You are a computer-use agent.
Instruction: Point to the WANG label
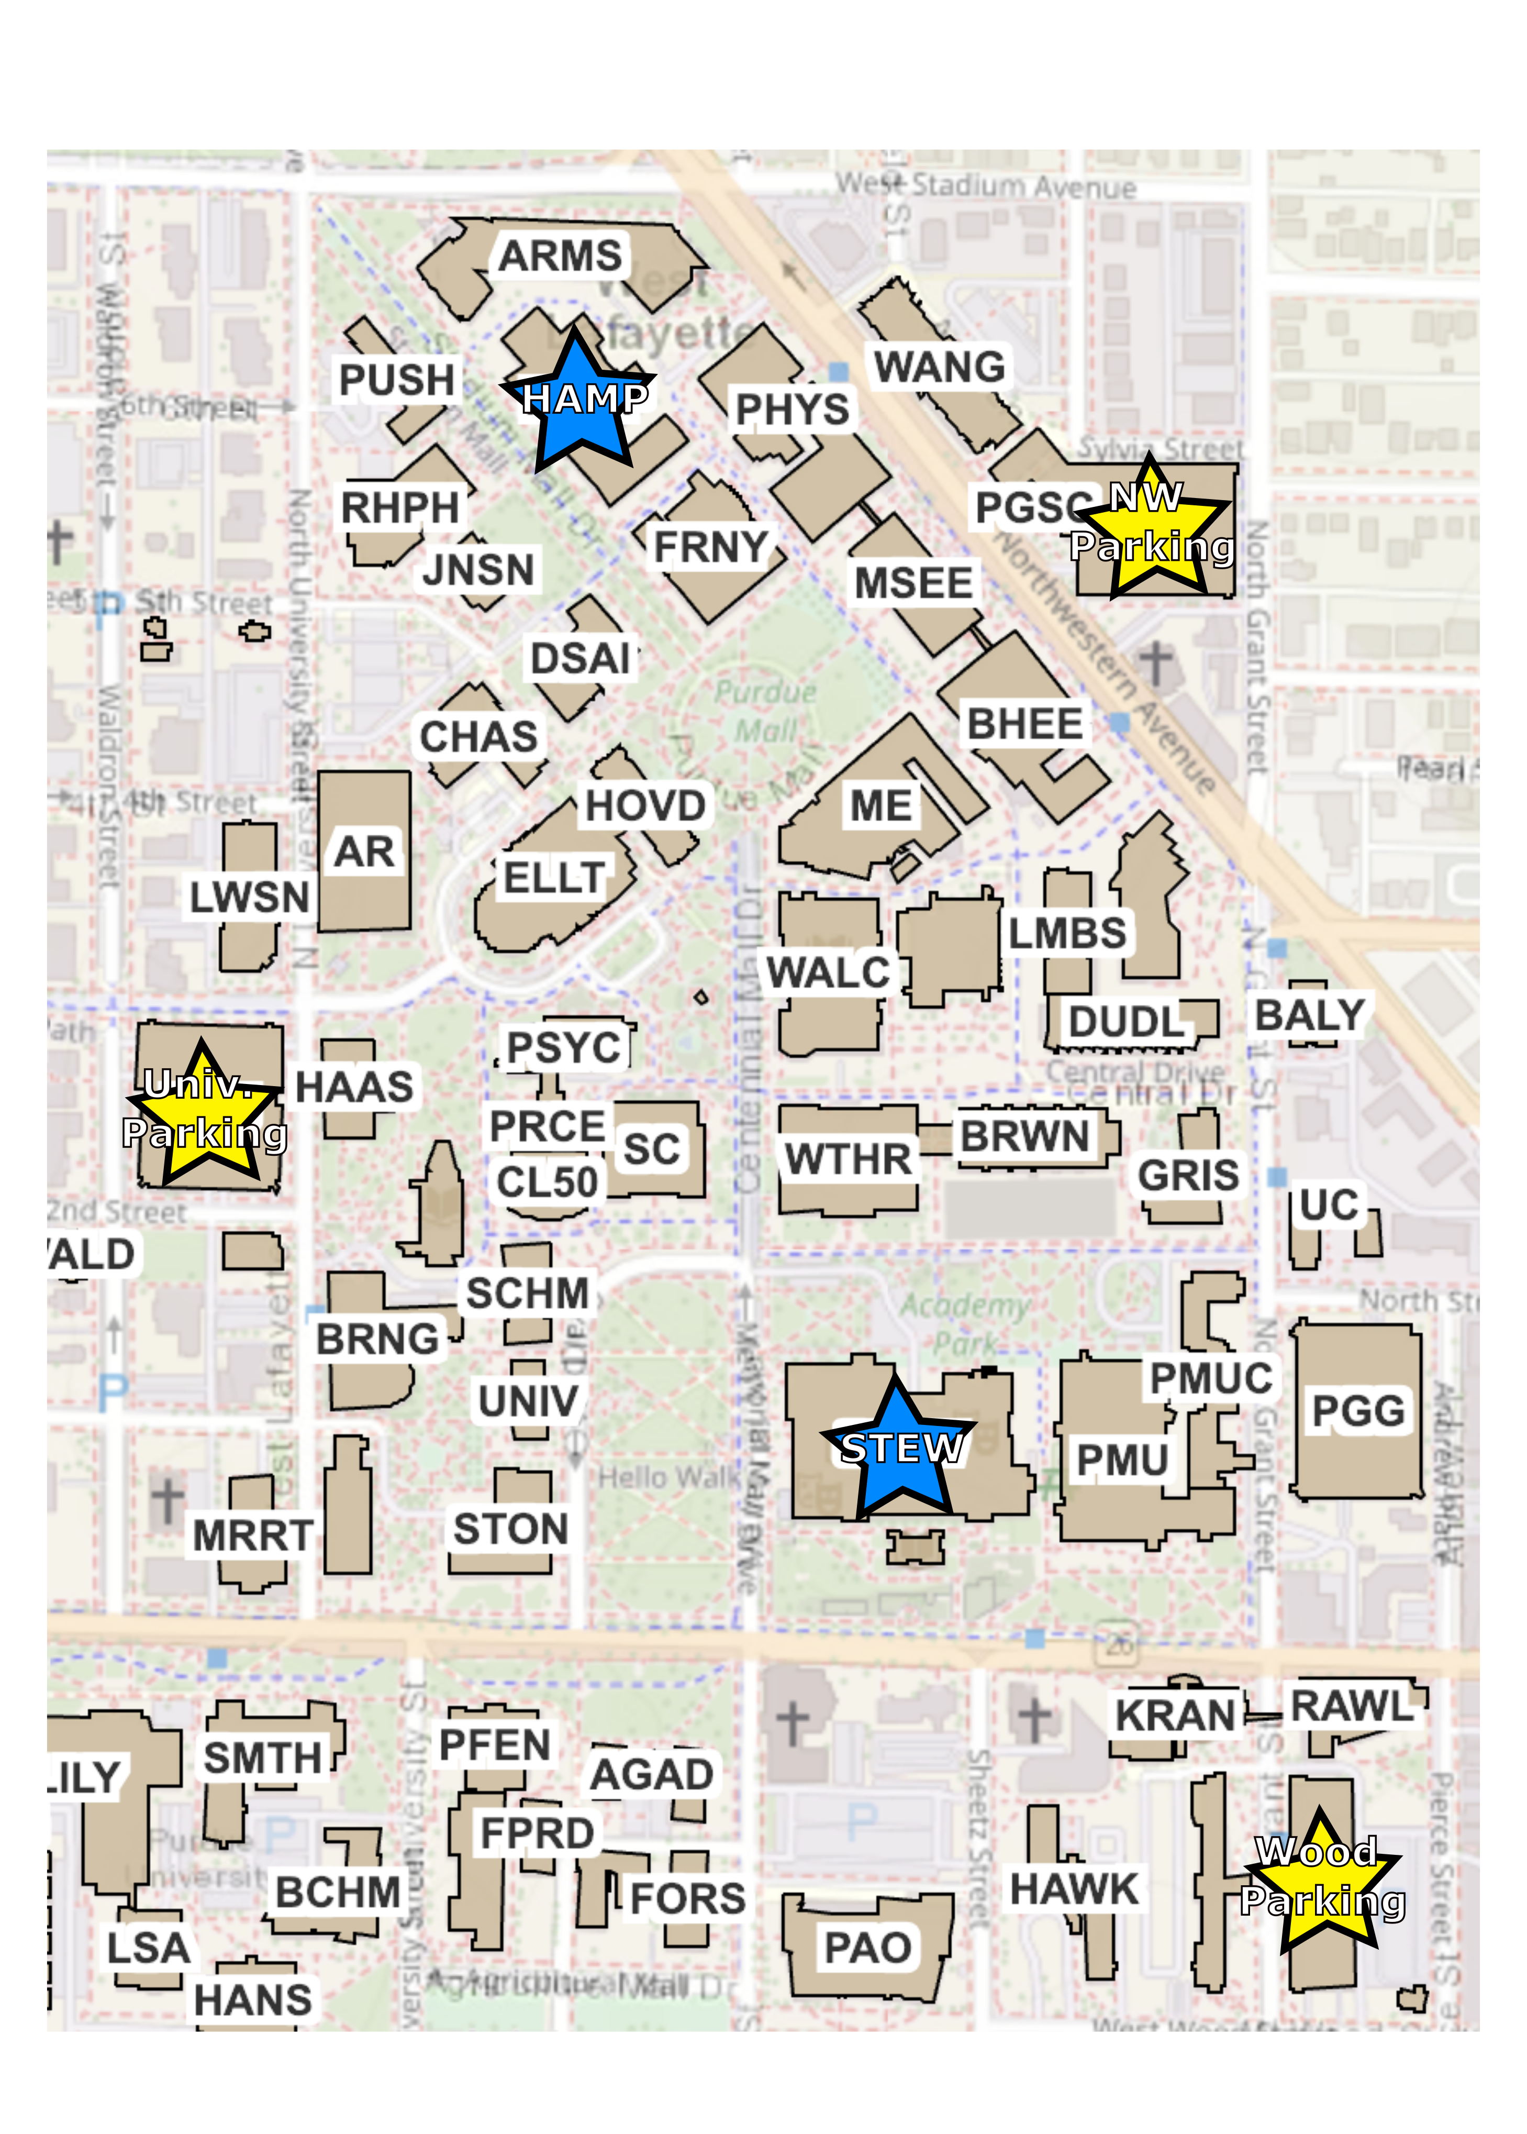[x=939, y=367]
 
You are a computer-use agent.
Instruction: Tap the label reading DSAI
[x=580, y=658]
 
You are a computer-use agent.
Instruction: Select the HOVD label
[x=645, y=806]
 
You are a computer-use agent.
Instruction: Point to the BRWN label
[x=1024, y=1136]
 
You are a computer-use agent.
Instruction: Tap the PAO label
[x=867, y=1948]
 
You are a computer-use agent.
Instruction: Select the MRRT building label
[x=252, y=1536]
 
